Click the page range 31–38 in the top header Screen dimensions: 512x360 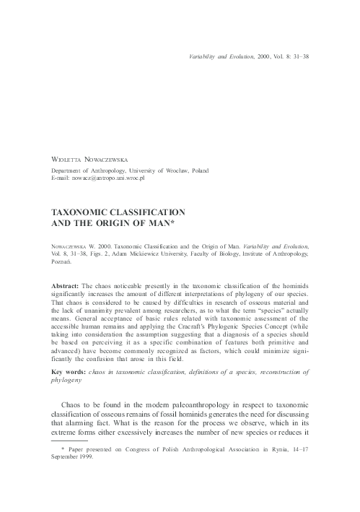302,55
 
